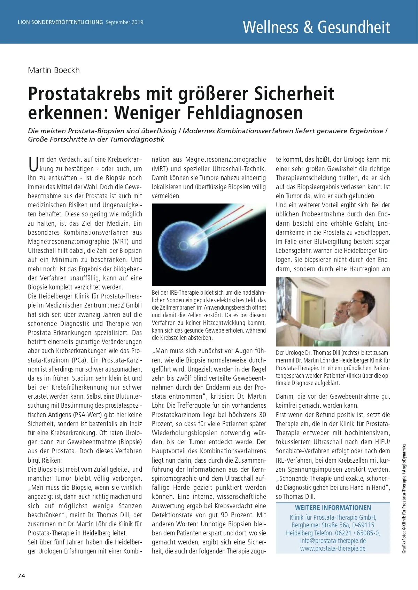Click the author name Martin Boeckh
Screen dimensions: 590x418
pyautogui.click(x=54, y=70)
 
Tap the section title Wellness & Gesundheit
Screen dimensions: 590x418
pyautogui.click(x=316, y=27)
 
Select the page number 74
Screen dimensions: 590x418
pyautogui.click(x=21, y=576)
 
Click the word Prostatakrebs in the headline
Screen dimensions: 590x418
pyautogui.click(x=84, y=94)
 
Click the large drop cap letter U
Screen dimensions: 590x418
pyautogui.click(x=33, y=165)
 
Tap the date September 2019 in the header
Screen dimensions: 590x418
pyautogui.click(x=124, y=22)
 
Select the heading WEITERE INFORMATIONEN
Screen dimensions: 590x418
pyautogui.click(x=333, y=508)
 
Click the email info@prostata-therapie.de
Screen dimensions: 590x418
pyautogui.click(x=333, y=541)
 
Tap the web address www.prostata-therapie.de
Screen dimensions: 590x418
pyautogui.click(x=333, y=549)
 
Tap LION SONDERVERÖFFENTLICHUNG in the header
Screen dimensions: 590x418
pyautogui.click(x=60, y=22)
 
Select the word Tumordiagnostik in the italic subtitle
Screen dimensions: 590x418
pyautogui.click(x=137, y=139)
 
